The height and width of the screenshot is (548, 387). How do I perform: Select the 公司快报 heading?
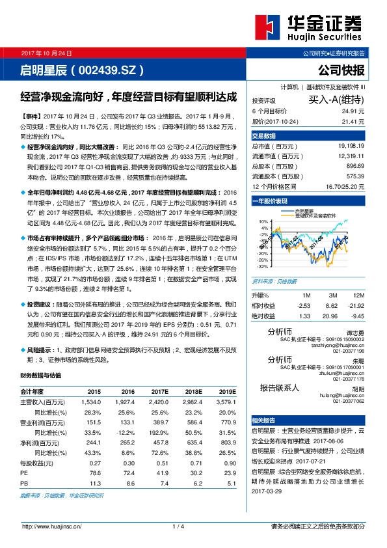[343, 70]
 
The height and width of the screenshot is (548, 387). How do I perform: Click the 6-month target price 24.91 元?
[351, 111]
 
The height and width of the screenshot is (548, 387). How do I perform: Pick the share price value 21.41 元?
[351, 121]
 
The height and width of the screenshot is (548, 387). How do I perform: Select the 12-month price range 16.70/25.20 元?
[343, 187]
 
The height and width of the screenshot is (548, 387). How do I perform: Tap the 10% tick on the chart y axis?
[263, 222]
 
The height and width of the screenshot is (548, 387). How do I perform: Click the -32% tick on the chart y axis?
[262, 267]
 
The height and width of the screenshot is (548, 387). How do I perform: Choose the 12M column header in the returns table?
[353, 296]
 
